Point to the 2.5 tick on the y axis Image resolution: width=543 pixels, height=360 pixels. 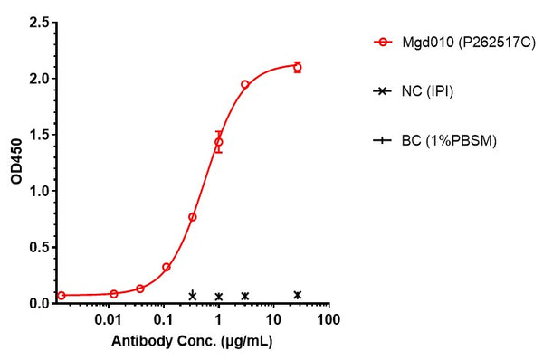39,23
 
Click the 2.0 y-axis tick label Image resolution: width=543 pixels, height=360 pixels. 39,79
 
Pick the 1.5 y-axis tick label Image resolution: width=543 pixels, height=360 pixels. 39,135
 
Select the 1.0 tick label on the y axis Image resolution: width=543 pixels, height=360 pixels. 39,191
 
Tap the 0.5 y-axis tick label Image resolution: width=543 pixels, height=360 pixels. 39,247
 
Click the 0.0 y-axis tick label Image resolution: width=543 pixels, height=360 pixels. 39,303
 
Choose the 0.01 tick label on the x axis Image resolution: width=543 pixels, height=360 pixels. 109,321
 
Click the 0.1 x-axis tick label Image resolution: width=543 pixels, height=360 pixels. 164,321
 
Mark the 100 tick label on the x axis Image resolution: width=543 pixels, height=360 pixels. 329,321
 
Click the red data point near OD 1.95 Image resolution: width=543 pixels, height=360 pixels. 245,84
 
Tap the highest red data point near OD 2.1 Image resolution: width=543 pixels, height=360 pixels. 298,67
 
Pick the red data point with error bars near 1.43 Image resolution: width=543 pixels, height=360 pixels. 218,142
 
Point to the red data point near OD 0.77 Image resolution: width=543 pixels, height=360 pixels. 193,217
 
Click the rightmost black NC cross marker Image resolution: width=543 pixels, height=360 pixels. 298,295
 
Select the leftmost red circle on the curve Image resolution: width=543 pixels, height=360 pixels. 62,295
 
